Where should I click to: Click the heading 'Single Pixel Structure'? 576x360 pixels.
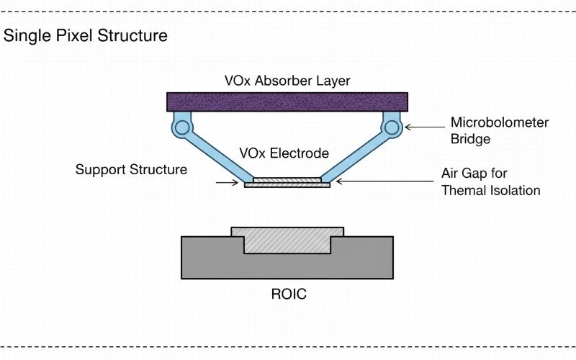click(x=86, y=35)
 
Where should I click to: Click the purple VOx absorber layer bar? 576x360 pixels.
click(x=288, y=101)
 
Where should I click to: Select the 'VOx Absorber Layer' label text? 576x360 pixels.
click(x=287, y=81)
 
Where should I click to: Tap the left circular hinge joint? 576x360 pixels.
click(x=181, y=128)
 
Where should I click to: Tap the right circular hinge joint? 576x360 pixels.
click(x=392, y=128)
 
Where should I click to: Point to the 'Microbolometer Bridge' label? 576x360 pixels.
click(x=499, y=130)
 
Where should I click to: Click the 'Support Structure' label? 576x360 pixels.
click(x=131, y=170)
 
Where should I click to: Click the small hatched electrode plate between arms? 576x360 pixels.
click(x=287, y=179)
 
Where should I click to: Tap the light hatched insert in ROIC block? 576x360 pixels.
click(x=287, y=240)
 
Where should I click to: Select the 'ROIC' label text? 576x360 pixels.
click(x=287, y=294)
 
